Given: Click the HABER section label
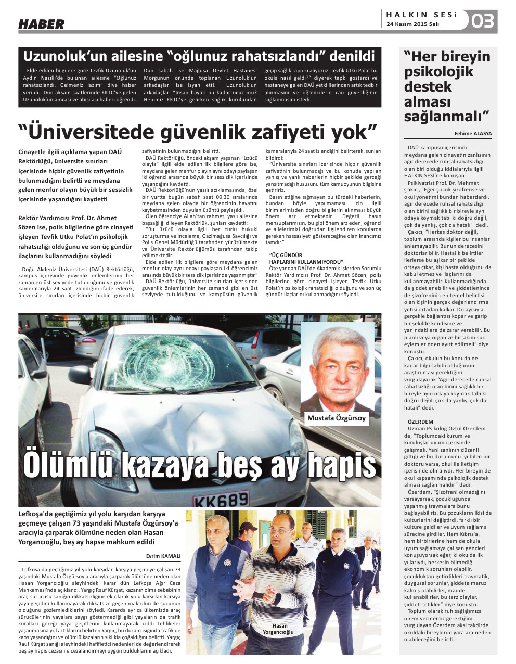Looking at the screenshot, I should [42, 24].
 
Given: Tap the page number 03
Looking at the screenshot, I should [482, 22].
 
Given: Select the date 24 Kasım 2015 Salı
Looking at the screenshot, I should [413, 24].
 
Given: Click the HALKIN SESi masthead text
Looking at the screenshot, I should [422, 15].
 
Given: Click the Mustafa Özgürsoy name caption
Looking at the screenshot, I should [336, 418].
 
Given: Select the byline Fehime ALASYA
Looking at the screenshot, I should [473, 134].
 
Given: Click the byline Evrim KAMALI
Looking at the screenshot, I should [163, 556].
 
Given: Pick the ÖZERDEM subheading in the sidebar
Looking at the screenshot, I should [420, 422].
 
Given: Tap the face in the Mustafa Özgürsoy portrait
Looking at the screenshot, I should [338, 364].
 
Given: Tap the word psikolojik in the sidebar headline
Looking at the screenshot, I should [431, 71].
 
